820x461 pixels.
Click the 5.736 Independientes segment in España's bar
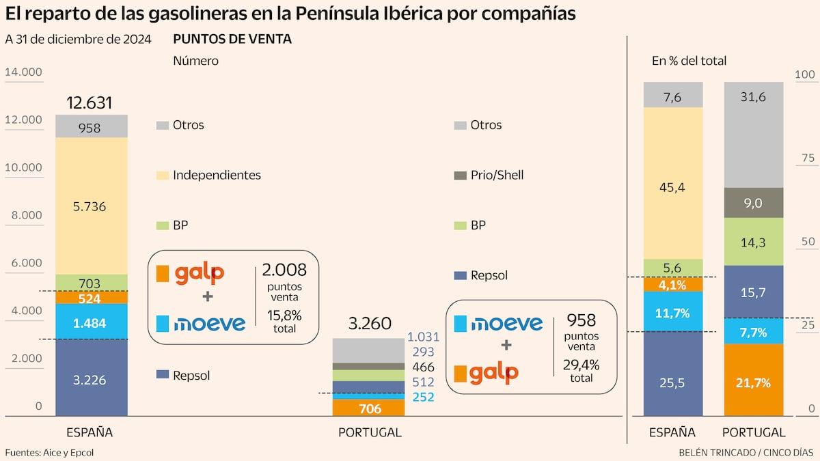point(91,206)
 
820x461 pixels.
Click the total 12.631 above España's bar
point(90,103)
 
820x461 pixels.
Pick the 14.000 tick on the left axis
point(23,72)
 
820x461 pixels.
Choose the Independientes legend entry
point(216,176)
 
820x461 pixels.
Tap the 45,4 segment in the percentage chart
point(673,183)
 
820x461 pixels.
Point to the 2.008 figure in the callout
point(284,271)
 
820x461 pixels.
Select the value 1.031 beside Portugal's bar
point(423,337)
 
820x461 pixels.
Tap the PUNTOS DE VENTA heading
point(232,40)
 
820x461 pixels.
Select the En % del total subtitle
point(689,61)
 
